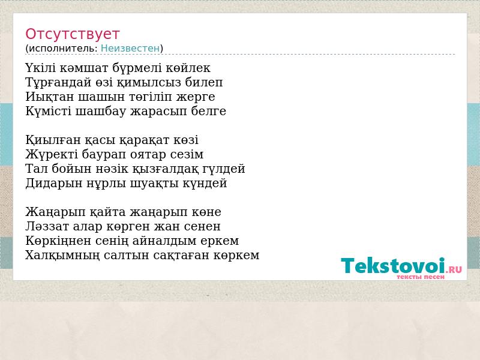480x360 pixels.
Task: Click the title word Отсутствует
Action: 72,34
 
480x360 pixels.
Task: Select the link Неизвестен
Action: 130,49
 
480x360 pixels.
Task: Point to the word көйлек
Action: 188,68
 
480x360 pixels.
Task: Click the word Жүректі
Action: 52,154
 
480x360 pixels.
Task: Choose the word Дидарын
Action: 54,184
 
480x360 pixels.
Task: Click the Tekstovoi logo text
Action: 393,265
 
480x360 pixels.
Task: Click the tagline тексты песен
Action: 421,277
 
